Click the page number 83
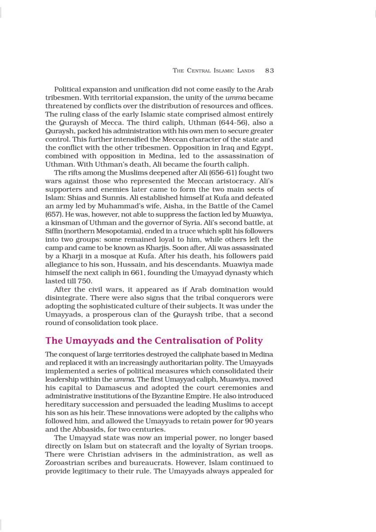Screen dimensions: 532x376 [270, 71]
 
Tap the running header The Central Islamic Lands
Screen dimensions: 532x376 [214, 71]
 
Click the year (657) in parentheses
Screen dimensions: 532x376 [53, 214]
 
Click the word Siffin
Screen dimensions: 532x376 [54, 231]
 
